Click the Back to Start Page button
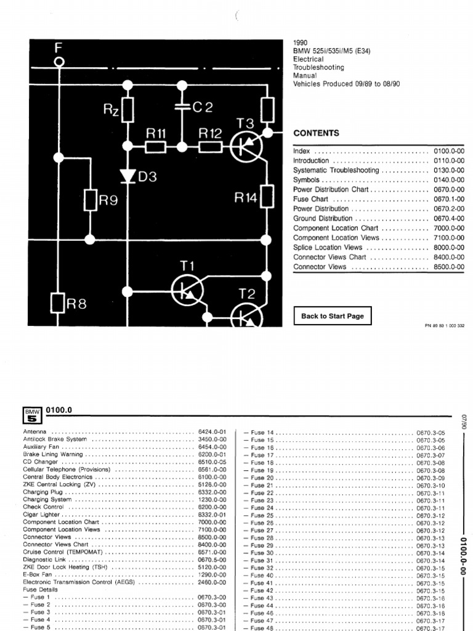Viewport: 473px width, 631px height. click(x=333, y=316)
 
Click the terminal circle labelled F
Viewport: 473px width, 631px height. click(x=59, y=62)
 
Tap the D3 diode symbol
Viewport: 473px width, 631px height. click(x=127, y=177)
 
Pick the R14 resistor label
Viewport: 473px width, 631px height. click(x=246, y=198)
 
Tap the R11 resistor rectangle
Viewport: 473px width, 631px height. click(x=156, y=147)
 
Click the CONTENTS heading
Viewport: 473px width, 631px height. click(x=316, y=133)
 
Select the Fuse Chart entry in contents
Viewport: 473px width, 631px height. click(x=310, y=200)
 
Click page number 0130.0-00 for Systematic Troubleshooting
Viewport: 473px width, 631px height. click(x=449, y=170)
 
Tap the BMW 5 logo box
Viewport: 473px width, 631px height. click(x=32, y=415)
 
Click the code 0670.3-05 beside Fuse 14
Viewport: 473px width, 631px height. click(x=431, y=433)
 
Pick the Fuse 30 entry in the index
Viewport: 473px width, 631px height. click(x=262, y=553)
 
